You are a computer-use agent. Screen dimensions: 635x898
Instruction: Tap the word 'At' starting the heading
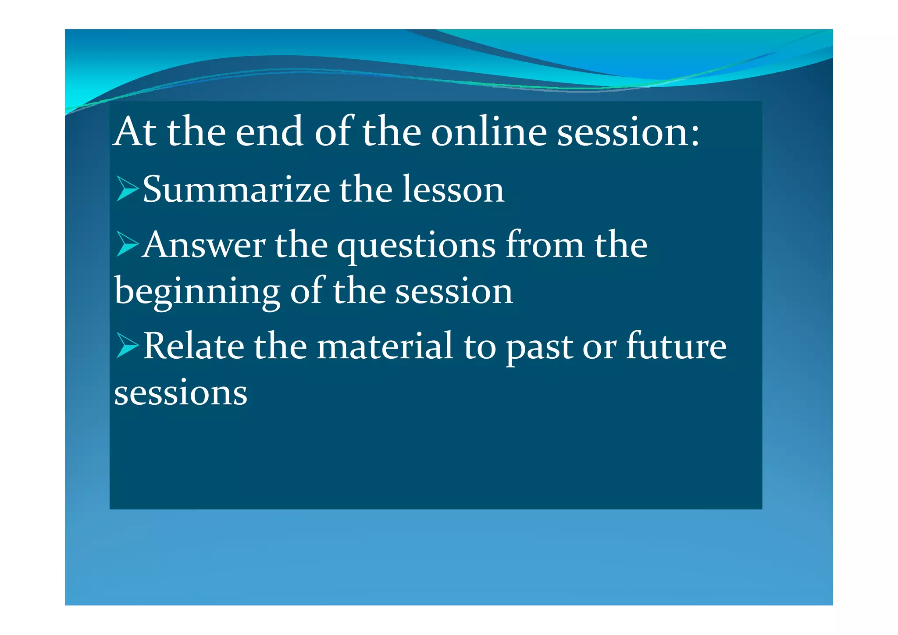pos(135,132)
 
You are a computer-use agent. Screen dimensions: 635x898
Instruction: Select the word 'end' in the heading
pos(269,132)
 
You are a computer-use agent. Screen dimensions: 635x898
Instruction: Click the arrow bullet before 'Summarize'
pos(127,189)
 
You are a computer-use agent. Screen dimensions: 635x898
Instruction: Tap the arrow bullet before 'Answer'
pos(127,244)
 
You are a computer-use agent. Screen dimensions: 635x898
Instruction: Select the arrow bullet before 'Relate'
pos(127,345)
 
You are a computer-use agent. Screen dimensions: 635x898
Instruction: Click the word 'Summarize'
pos(236,189)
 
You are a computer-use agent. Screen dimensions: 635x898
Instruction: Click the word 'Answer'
pos(204,245)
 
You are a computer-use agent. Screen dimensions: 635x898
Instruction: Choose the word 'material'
pos(385,346)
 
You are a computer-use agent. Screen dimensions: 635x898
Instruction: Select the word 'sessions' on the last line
pos(181,392)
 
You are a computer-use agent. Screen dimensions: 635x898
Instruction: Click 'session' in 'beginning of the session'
pos(454,292)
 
